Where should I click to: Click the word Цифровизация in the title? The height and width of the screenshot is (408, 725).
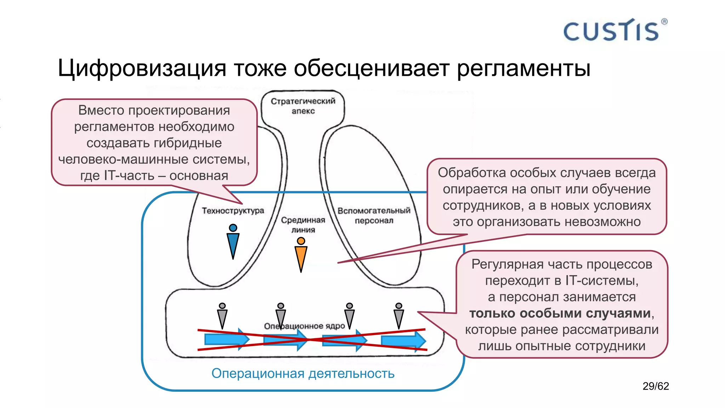click(x=142, y=68)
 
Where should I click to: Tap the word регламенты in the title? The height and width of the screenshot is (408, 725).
click(x=523, y=68)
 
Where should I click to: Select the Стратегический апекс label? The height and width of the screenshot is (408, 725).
click(x=303, y=106)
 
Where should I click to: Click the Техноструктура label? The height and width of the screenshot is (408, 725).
click(x=233, y=211)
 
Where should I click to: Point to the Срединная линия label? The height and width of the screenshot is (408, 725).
click(x=303, y=225)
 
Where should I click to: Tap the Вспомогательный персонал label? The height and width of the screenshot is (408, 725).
click(x=374, y=215)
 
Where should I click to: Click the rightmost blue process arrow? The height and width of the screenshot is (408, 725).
click(x=403, y=340)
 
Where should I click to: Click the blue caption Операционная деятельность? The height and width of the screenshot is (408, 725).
click(x=303, y=373)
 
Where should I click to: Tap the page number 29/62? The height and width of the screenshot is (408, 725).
click(x=656, y=386)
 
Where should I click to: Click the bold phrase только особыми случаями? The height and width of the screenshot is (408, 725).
click(x=560, y=313)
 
